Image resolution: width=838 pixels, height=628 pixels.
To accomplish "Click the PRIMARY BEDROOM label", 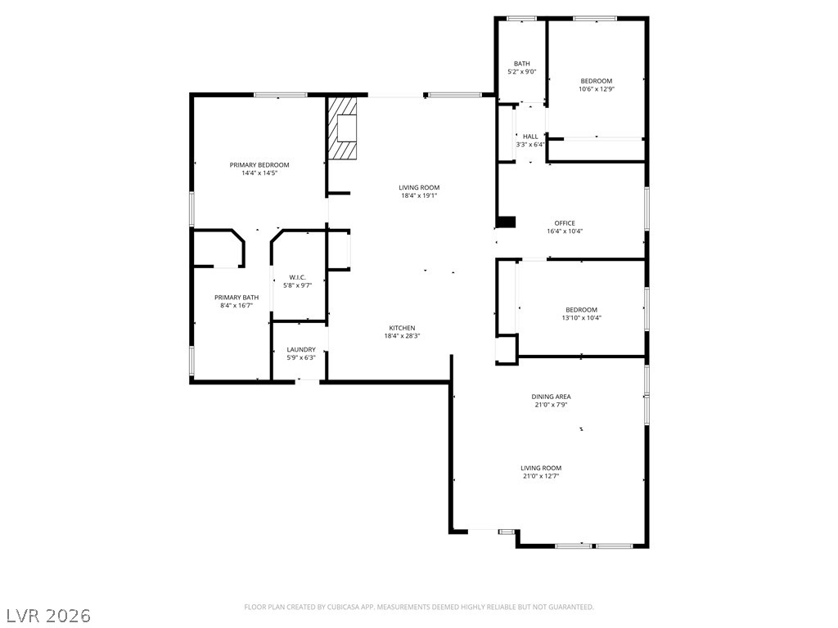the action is pos(259,165).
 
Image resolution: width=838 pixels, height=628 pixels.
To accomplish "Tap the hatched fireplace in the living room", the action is pos(342,128).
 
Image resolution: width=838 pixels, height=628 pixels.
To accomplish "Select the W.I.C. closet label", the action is pos(297,277).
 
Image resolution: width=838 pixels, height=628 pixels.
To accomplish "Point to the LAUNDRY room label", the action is pos(301,350).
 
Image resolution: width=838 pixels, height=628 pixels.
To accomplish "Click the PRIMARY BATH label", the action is pos(237,298).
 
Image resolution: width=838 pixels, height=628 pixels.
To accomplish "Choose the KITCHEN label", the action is pos(402,328).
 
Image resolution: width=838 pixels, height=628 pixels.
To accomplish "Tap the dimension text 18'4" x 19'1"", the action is pos(419,195).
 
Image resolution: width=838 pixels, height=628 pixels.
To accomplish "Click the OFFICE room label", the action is pos(565,223).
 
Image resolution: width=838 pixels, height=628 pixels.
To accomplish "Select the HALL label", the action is pos(530,137).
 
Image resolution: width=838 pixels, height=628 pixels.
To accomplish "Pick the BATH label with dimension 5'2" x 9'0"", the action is pos(521,64).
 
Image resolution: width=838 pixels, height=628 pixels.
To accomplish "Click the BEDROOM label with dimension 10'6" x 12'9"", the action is pos(597,81).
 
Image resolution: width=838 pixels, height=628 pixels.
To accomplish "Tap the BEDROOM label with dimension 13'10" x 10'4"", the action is pos(582,310).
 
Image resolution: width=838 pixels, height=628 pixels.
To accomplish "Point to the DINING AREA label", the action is pos(551,397).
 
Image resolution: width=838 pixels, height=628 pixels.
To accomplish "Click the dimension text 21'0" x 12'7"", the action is pos(541,477).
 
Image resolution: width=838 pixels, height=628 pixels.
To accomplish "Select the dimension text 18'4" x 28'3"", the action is pos(402,336).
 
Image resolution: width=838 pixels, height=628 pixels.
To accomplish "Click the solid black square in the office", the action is pos(506,222).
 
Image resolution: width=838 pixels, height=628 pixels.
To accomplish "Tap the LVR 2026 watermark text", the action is pos(46,616).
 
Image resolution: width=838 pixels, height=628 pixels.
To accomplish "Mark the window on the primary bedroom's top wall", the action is pos(281,95).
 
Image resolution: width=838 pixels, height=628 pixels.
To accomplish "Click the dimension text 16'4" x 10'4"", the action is pos(565,231).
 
